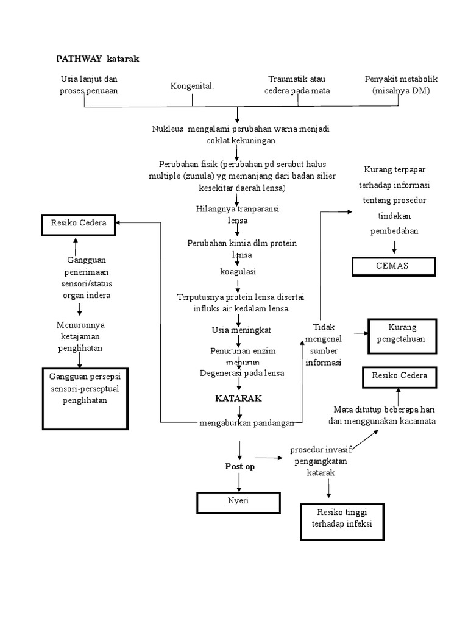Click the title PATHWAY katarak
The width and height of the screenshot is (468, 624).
98,58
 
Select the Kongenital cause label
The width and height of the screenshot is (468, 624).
192,86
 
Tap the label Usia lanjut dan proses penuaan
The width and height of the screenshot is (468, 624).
89,85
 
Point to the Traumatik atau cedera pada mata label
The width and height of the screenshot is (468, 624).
297,85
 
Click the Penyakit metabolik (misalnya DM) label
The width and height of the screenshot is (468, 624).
401,85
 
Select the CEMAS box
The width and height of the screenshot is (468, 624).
393,266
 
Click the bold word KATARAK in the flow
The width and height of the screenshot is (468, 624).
238,398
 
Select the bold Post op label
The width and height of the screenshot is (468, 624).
239,466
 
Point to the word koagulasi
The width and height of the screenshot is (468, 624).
238,271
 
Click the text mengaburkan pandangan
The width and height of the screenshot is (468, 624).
247,423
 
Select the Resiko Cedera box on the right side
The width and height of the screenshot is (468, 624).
400,375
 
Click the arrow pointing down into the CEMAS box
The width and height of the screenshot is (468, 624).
394,247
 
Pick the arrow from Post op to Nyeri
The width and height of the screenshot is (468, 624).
239,481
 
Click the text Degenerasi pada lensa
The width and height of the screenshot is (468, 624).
242,373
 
